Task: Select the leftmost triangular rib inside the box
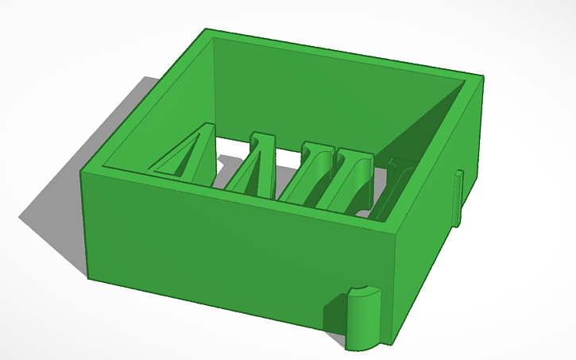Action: click(x=187, y=155)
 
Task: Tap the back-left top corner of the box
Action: click(x=207, y=32)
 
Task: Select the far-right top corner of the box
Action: click(x=480, y=79)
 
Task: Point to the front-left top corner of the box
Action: click(x=85, y=168)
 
